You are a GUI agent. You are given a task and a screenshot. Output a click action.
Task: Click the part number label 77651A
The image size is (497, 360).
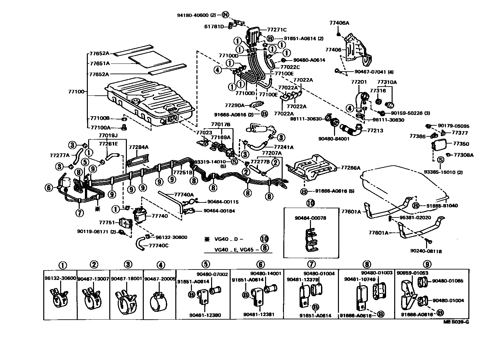[100, 63]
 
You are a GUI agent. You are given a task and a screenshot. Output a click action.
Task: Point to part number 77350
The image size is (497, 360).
[461, 144]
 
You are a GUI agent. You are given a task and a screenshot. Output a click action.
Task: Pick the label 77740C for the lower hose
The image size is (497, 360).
[158, 245]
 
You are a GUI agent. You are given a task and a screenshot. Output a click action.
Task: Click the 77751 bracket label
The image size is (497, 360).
[107, 222]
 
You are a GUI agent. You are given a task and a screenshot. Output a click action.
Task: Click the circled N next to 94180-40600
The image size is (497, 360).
[226, 15]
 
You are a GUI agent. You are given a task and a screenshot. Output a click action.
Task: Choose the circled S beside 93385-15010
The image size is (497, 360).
[440, 159]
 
